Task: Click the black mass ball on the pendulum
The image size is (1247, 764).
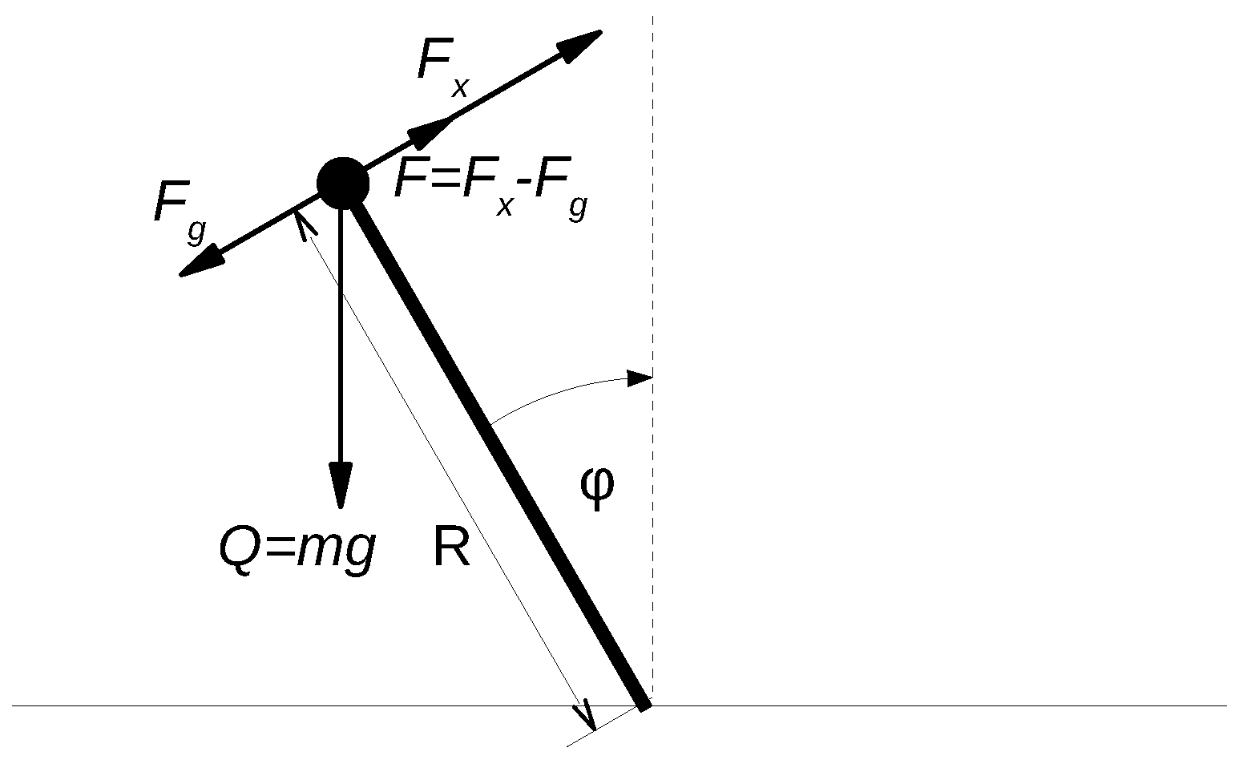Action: (343, 184)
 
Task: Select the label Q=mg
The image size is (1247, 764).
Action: (297, 550)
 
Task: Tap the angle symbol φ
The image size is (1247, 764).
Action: (598, 486)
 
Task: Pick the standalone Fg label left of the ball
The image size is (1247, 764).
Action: (180, 206)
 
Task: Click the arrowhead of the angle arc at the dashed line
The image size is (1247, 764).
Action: (640, 378)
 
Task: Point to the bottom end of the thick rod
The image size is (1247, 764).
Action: (644, 704)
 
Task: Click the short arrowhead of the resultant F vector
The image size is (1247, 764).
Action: (430, 131)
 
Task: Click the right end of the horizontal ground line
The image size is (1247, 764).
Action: (1225, 706)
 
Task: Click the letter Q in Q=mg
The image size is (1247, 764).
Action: (238, 550)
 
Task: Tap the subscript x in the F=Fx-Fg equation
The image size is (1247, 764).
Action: (504, 207)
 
